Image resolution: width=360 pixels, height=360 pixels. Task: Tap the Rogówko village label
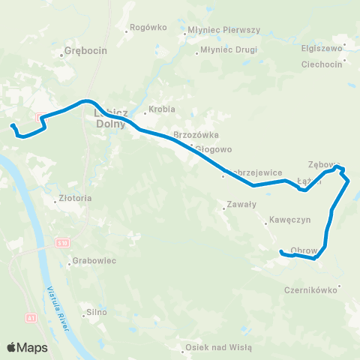148,27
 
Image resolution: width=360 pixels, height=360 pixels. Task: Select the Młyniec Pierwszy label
224,31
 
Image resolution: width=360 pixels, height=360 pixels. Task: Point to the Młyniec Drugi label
229,51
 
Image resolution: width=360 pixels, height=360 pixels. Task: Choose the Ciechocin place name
321,64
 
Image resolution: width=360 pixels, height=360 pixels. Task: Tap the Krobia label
162,109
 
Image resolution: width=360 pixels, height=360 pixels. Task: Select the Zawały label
241,203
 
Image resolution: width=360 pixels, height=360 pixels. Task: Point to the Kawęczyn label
283,221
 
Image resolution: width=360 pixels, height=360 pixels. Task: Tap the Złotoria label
74,199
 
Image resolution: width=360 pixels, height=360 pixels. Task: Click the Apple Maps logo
27,347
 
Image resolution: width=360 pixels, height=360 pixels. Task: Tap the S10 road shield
62,243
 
